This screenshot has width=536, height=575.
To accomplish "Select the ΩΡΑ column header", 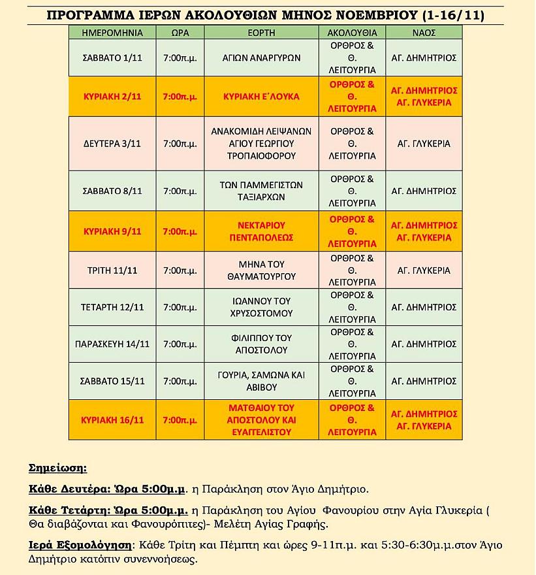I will (x=180, y=32).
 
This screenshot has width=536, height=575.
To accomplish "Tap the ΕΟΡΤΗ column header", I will (x=261, y=32).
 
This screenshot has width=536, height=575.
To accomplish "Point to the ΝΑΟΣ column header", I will (x=424, y=32).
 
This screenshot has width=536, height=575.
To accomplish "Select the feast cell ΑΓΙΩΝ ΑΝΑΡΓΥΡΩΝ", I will (x=261, y=58).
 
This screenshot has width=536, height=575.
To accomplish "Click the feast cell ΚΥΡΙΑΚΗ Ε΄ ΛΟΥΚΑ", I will (x=261, y=97).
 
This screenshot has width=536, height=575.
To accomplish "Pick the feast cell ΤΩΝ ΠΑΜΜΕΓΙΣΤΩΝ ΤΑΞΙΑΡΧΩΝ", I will (x=261, y=191).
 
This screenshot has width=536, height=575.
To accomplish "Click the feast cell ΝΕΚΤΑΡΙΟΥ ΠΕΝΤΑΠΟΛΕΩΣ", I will (x=261, y=231).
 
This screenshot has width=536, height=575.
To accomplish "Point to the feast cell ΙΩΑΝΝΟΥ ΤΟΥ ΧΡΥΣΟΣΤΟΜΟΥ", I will (x=261, y=307).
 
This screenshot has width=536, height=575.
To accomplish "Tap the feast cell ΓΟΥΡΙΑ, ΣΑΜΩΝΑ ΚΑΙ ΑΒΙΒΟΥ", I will (x=261, y=381).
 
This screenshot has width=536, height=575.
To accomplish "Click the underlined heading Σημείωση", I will (x=57, y=468).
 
